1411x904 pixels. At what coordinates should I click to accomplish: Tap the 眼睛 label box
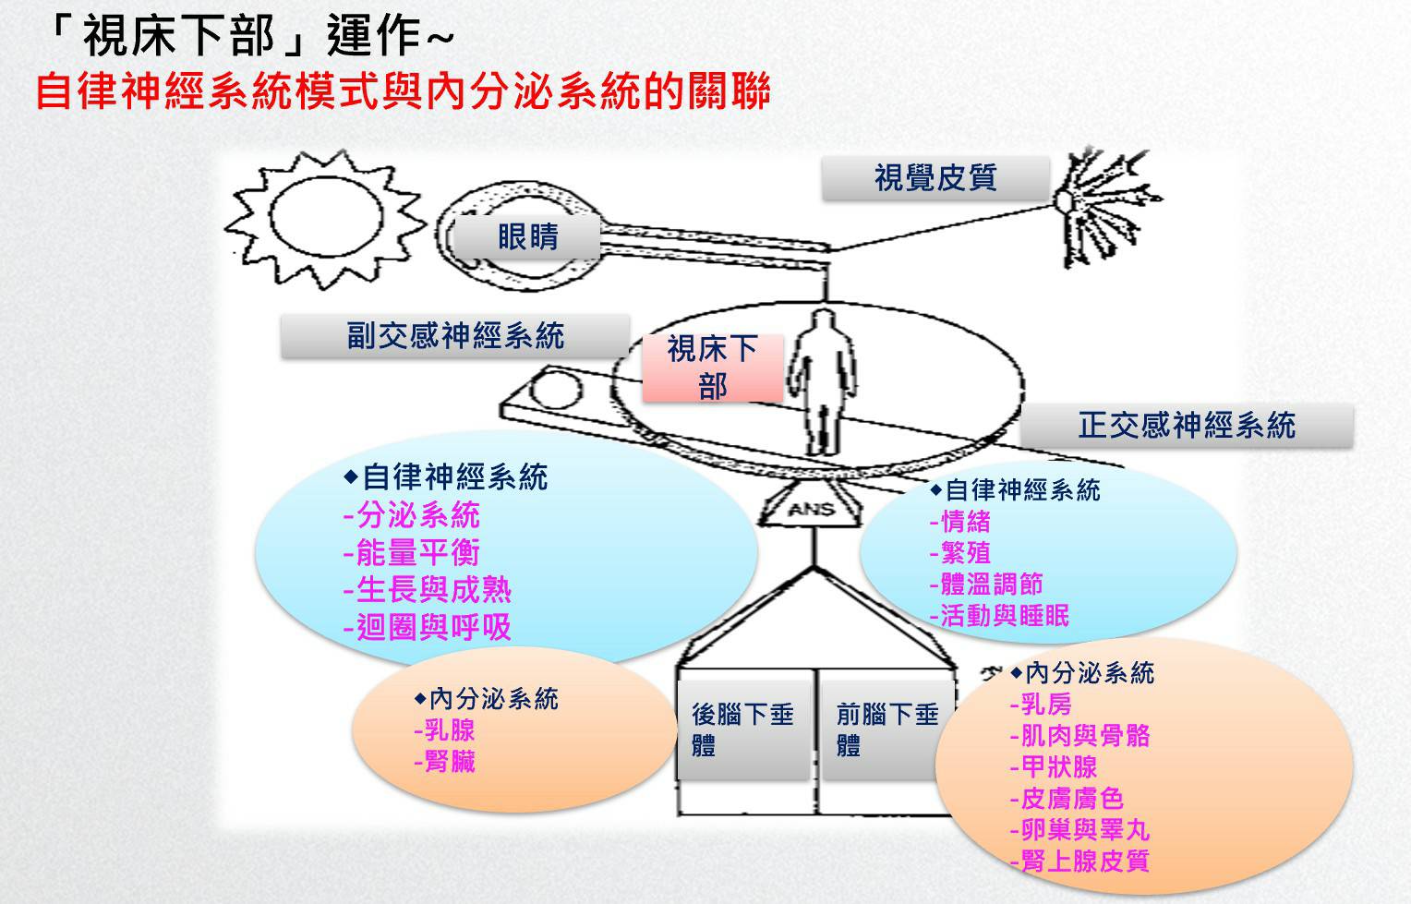pyautogui.click(x=527, y=237)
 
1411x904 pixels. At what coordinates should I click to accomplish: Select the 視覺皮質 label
pyautogui.click(x=935, y=178)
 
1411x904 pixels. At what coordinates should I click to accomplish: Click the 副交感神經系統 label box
pyautogui.click(x=455, y=336)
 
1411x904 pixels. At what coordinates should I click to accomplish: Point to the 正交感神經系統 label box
pyautogui.click(x=1187, y=426)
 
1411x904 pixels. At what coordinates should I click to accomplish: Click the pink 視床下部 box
pyautogui.click(x=713, y=368)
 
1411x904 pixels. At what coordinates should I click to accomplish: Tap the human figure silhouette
pyautogui.click(x=823, y=380)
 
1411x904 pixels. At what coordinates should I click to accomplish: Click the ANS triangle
pyautogui.click(x=810, y=504)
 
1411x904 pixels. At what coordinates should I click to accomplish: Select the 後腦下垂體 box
pyautogui.click(x=743, y=729)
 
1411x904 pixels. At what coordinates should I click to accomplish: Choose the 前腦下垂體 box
pyautogui.click(x=886, y=729)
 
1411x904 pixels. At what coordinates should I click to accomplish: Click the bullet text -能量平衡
pyautogui.click(x=411, y=552)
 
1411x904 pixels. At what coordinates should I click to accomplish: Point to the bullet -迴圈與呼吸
pyautogui.click(x=427, y=627)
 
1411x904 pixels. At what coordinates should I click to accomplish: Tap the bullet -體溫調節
pyautogui.click(x=986, y=584)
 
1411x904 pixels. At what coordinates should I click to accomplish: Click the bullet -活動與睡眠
pyautogui.click(x=999, y=616)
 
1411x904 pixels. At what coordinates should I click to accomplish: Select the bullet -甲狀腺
pyautogui.click(x=1054, y=766)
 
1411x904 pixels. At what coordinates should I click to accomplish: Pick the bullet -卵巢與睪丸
pyautogui.click(x=1079, y=829)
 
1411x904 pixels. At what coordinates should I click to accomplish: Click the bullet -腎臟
pyautogui.click(x=444, y=762)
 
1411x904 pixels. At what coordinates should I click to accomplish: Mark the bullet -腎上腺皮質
pyautogui.click(x=1079, y=861)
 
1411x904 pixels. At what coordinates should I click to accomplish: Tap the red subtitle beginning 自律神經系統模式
pyautogui.click(x=404, y=91)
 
